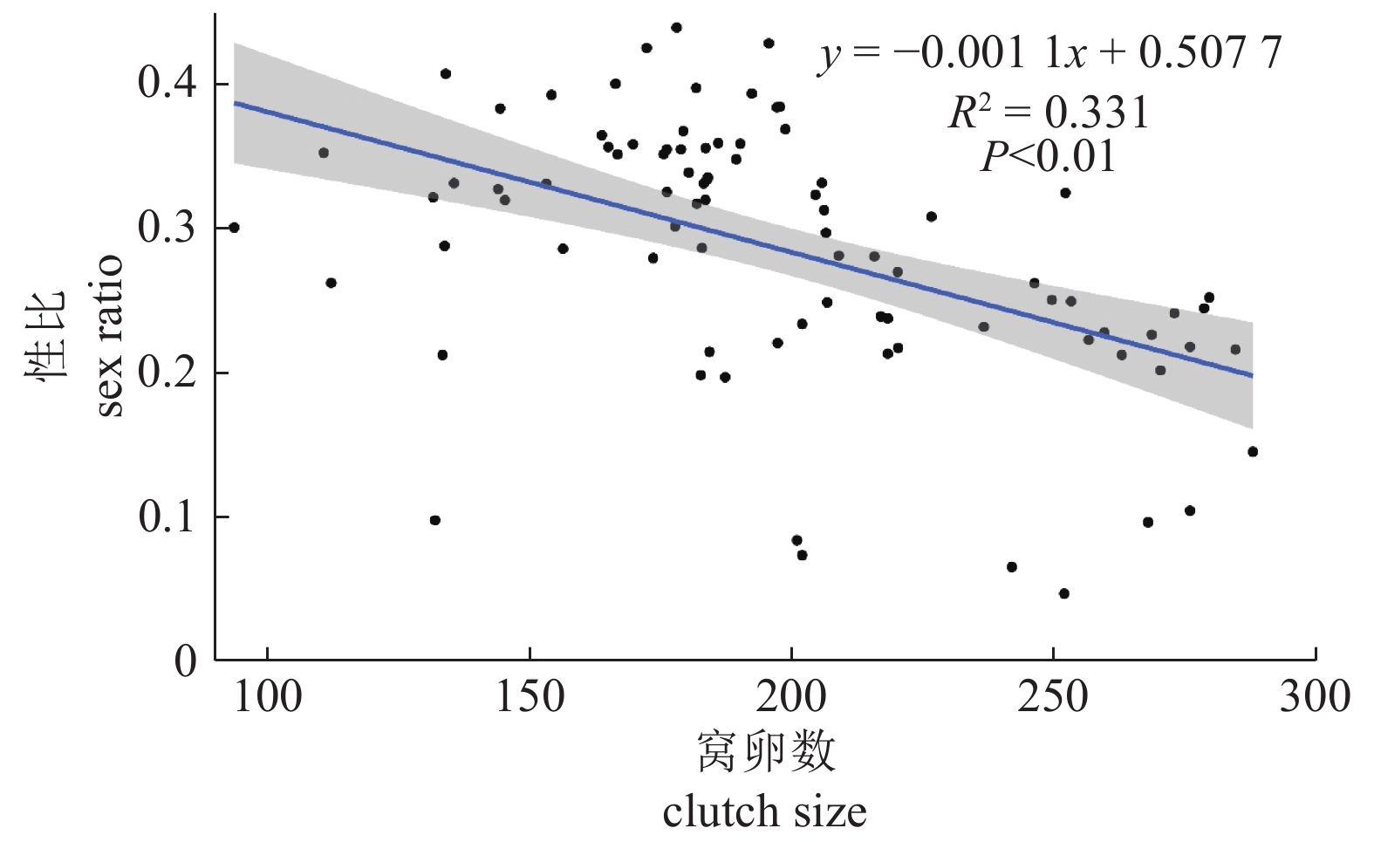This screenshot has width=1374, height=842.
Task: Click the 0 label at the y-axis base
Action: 185,661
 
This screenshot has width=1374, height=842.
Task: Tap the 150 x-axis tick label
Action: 529,698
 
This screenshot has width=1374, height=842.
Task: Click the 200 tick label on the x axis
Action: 790,698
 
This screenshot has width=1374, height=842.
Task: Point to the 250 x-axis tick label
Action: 1053,698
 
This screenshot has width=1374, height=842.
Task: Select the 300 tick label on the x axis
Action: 1315,698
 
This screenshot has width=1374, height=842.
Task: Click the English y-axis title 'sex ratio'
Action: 109,336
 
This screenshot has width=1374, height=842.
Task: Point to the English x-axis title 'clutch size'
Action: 764,811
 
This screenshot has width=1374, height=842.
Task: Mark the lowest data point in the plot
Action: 1063,593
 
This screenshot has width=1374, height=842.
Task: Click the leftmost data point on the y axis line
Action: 234,228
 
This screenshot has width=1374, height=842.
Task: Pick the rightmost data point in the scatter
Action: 1253,451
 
